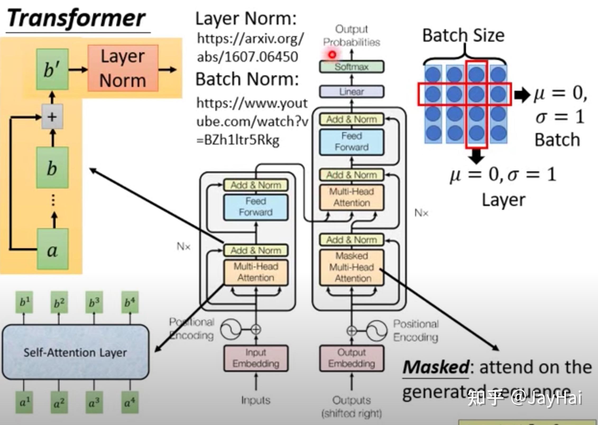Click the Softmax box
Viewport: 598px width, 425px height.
352,67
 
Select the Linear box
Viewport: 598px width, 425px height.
352,92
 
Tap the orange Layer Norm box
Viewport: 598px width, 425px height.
123,68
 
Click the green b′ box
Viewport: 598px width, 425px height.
52,69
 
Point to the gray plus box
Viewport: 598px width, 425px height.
52,117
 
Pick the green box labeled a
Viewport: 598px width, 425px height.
53,249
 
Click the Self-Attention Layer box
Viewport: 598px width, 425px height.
75,352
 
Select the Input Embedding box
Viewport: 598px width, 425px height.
256,358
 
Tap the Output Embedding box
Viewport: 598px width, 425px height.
352,358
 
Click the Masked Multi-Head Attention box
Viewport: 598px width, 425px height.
352,267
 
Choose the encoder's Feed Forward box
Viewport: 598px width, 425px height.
256,207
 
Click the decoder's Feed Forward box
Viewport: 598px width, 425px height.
352,142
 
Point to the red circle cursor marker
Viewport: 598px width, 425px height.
332,55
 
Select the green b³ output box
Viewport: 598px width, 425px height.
94,302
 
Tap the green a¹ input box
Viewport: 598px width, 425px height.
24,403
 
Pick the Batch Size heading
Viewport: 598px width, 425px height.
463,35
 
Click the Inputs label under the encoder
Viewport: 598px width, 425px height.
256,400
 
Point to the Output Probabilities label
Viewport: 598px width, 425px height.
352,36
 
